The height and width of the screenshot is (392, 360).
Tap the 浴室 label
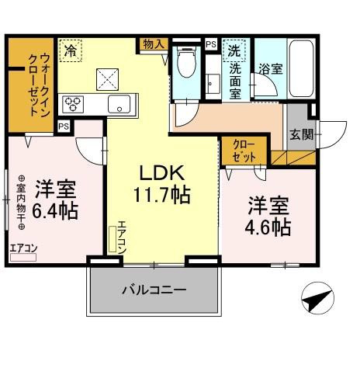271,68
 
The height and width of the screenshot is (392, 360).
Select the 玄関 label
302,134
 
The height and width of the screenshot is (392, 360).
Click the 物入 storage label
153,45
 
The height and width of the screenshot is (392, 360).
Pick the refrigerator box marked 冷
71,52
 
